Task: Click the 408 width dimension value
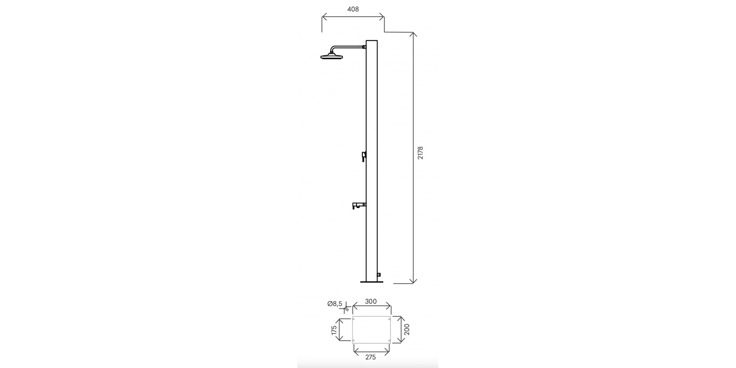[x=353, y=9]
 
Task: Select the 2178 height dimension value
[x=420, y=153]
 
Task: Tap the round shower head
[x=331, y=56]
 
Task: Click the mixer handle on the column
[x=364, y=156]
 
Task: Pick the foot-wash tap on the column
[x=359, y=205]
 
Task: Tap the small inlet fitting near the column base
[x=379, y=274]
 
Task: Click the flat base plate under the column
[x=372, y=282]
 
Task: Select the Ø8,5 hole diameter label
[x=334, y=304]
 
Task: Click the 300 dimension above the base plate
[x=370, y=302]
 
